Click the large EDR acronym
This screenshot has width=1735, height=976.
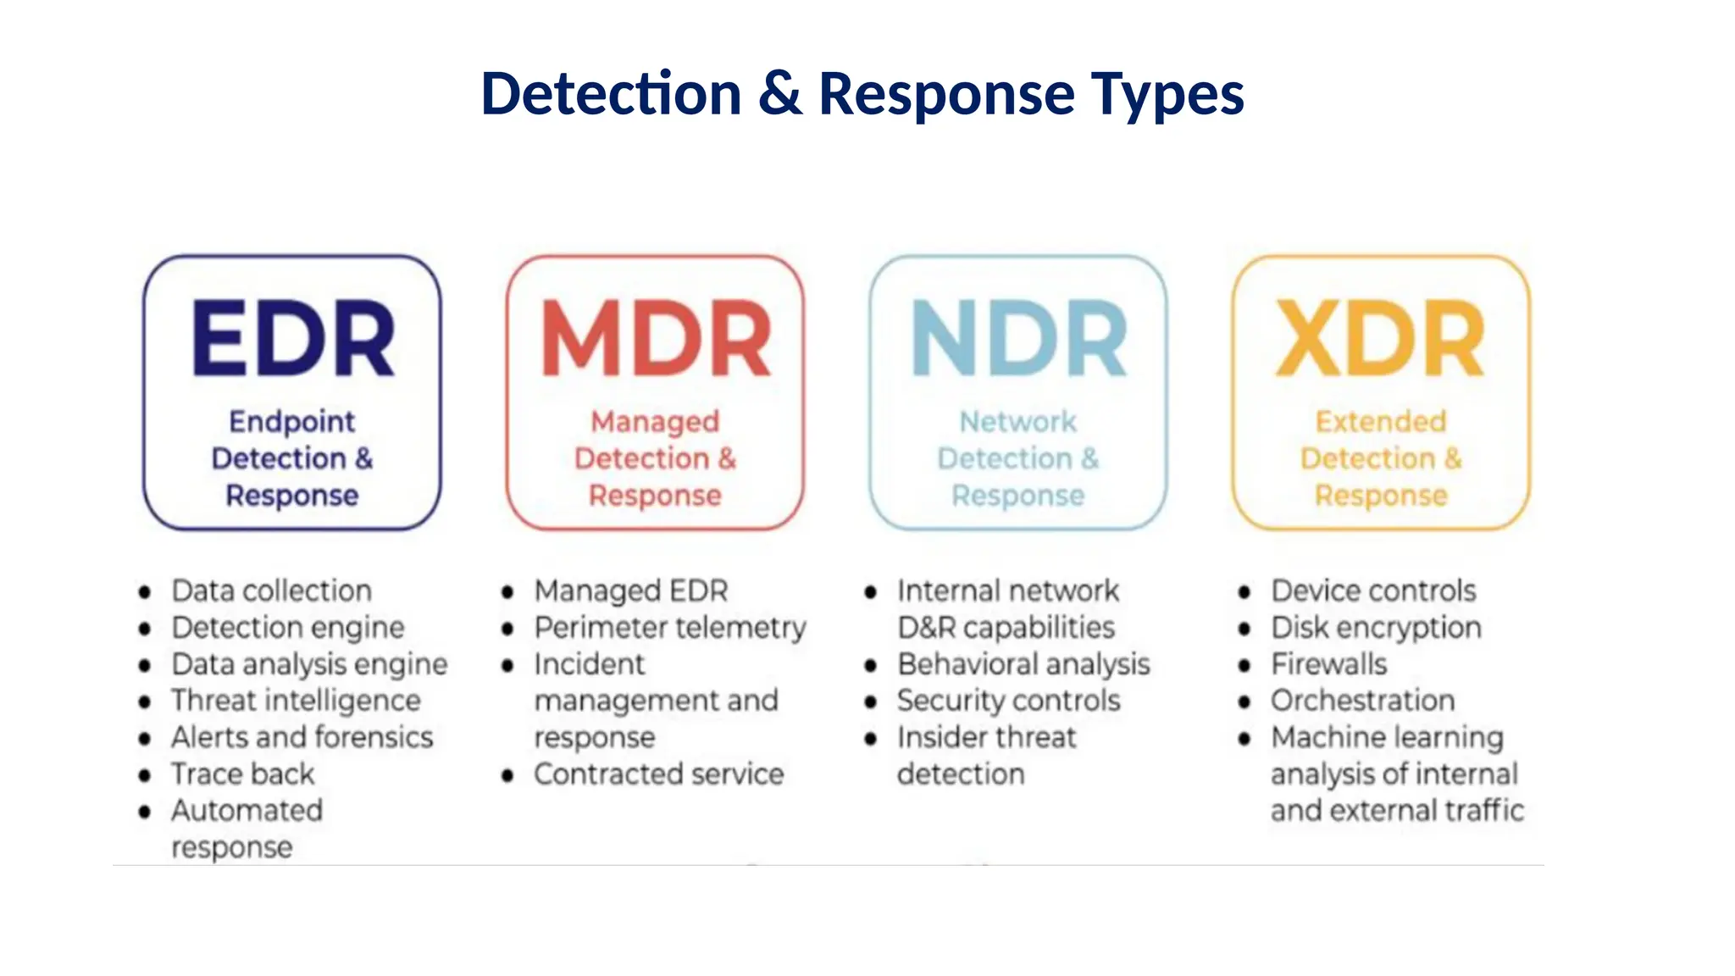click(293, 339)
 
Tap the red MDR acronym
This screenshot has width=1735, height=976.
click(656, 339)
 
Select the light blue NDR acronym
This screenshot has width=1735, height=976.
click(1018, 339)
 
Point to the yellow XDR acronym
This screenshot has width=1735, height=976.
click(1380, 339)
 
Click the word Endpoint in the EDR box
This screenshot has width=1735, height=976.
click(292, 421)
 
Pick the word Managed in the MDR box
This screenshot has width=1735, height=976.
click(655, 421)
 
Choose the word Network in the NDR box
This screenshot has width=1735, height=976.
click(1017, 421)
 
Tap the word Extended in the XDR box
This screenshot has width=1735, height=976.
click(1380, 421)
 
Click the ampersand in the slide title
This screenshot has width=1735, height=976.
click(779, 93)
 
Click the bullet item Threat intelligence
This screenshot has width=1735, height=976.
click(296, 701)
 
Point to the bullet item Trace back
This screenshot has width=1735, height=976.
click(242, 774)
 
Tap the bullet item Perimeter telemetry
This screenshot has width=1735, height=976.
click(670, 628)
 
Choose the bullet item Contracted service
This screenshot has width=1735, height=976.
click(658, 774)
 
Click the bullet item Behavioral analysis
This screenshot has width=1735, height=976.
click(1023, 664)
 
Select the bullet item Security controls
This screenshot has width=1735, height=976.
click(1008, 701)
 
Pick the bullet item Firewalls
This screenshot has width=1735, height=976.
click(1328, 664)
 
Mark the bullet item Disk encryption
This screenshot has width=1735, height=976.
click(1376, 628)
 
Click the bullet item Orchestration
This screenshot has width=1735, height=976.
click(1362, 701)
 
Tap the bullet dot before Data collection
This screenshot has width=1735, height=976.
click(145, 592)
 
